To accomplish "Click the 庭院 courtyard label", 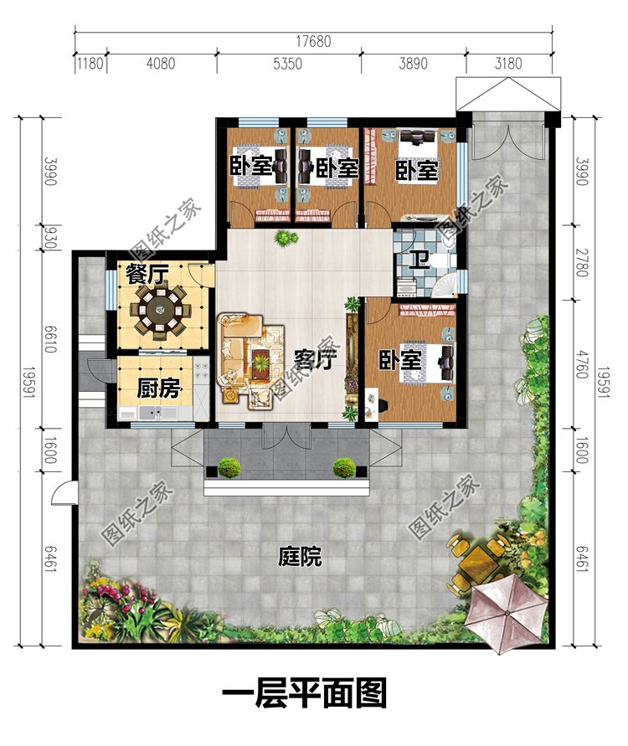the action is [299, 556].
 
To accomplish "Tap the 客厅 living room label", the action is [315, 359].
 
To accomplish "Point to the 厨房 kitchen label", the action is [158, 388].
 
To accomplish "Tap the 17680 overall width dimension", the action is [313, 41].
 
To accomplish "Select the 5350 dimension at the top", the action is [287, 64].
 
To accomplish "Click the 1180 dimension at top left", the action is [90, 64].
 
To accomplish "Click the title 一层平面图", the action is [304, 693].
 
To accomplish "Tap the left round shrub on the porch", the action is [229, 467].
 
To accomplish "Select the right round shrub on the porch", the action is [344, 467].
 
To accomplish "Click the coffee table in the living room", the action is [261, 364].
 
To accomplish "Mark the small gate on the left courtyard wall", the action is [63, 492].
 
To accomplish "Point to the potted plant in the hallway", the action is [285, 238].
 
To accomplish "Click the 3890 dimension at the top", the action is [413, 64].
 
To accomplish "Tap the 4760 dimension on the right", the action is [581, 363].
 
